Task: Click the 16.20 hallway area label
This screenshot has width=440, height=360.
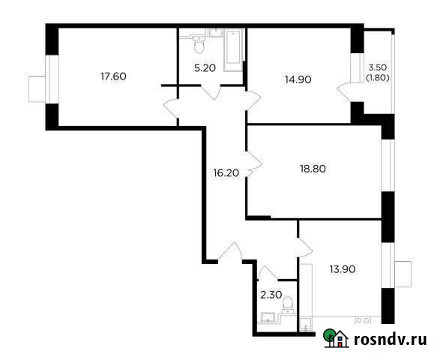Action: click(x=226, y=172)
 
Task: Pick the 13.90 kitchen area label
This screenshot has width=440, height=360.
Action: click(x=341, y=268)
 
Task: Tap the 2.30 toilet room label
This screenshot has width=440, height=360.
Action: click(x=271, y=295)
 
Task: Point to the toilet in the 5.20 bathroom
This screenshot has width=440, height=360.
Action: click(x=199, y=46)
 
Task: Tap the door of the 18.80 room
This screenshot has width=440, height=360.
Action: click(x=253, y=162)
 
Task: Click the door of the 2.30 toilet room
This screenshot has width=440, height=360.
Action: click(x=268, y=271)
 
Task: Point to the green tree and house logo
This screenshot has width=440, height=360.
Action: click(x=336, y=339)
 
